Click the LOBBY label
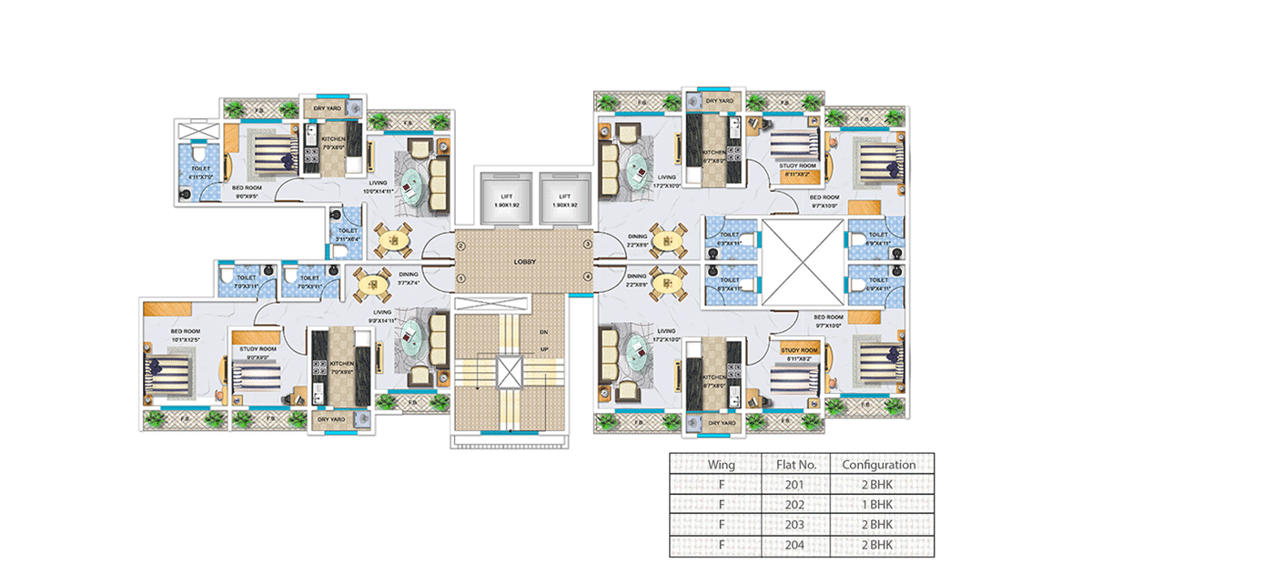pos(524,262)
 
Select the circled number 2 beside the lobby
pos(461,246)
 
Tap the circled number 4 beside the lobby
pos(588,276)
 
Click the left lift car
pos(507,199)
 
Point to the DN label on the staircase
pos(543,333)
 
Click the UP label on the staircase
pos(543,349)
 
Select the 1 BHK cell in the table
pos(878,504)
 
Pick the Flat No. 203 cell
pos(795,525)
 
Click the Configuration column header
pos(878,464)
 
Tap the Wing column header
pos(721,464)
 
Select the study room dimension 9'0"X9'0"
pos(258,357)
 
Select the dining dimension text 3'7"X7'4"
pos(407,283)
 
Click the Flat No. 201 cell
pos(795,484)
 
